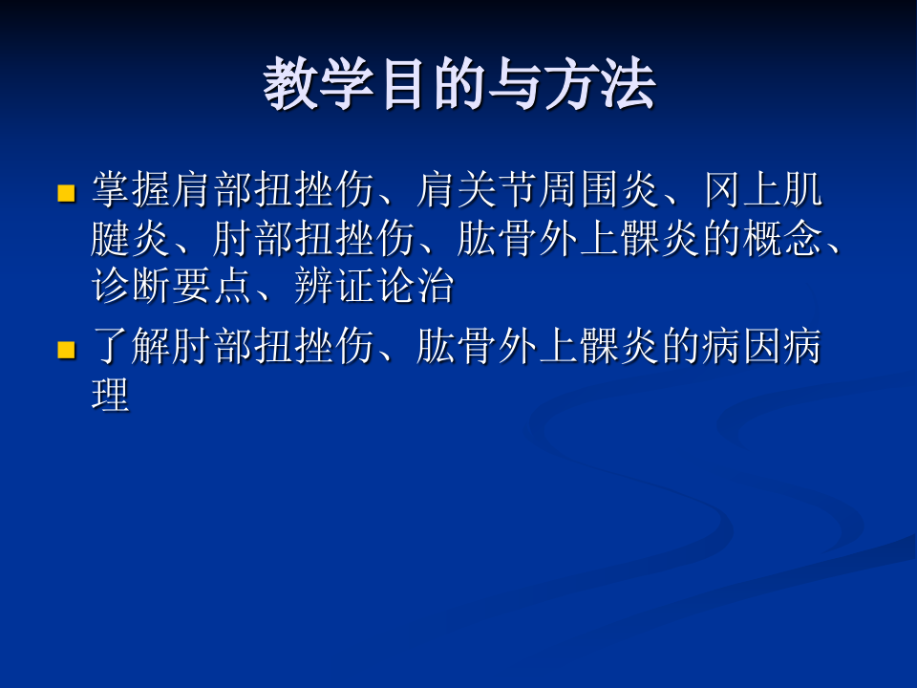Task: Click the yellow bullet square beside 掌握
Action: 66,194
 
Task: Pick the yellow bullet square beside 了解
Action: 66,350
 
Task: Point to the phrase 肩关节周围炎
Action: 538,192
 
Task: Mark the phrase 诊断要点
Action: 172,287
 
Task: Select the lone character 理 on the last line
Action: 111,395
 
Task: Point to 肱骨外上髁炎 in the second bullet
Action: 538,348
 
